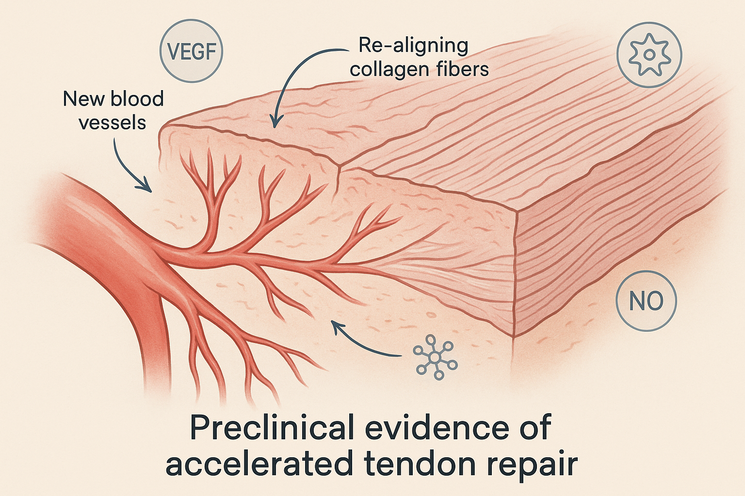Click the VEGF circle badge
tap(191, 52)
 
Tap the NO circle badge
tap(646, 301)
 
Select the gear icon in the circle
tap(649, 55)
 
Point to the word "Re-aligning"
tap(413, 46)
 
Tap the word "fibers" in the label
tap(462, 69)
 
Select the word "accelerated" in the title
tap(258, 463)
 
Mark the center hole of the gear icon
tap(649, 55)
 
